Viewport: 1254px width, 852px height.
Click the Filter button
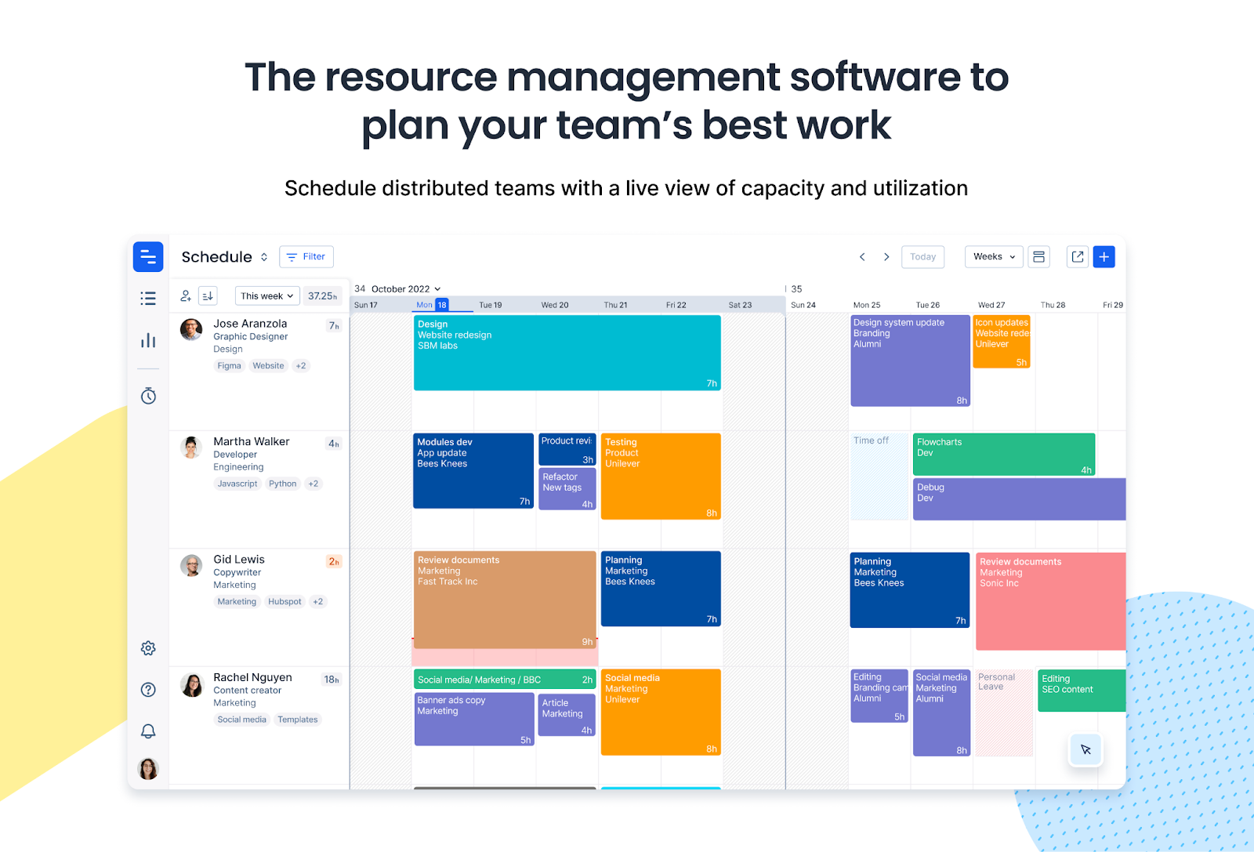click(x=306, y=256)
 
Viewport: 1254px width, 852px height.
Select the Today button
click(x=922, y=256)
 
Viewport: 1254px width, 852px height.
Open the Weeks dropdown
click(x=994, y=256)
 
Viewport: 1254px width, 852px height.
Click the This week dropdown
click(x=267, y=295)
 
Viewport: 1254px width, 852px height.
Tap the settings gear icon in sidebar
click(x=148, y=647)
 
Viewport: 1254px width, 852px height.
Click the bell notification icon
click(x=148, y=731)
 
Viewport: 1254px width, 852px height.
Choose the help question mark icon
click(x=148, y=690)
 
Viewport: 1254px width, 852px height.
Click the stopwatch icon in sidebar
click(x=148, y=396)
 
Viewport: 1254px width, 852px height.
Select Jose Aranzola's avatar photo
click(x=191, y=329)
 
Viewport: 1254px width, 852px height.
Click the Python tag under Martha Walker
click(x=282, y=484)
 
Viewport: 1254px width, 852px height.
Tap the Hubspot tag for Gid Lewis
click(x=285, y=602)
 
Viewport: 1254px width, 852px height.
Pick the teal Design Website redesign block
click(x=567, y=353)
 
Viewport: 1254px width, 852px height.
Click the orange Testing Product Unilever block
click(x=661, y=477)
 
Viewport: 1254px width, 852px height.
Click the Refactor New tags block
click(x=567, y=488)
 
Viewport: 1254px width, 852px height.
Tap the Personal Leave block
click(x=1004, y=712)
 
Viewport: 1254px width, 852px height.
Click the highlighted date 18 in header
click(x=442, y=305)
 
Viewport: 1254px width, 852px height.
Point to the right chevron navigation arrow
click(x=886, y=257)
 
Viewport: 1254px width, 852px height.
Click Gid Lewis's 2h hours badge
click(x=334, y=561)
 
